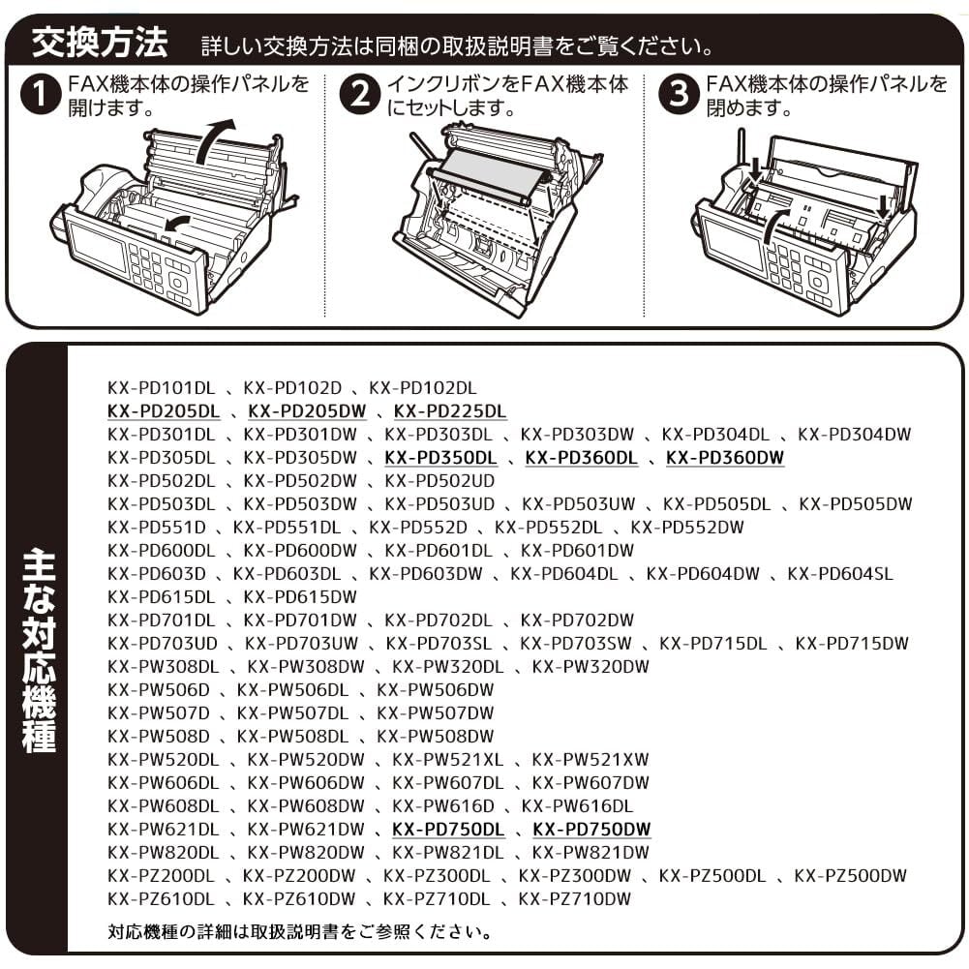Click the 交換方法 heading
pyautogui.click(x=100, y=44)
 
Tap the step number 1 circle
pyautogui.click(x=41, y=96)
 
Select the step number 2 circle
pyautogui.click(x=361, y=96)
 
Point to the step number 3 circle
pyautogui.click(x=680, y=96)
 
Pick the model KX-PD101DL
pyautogui.click(x=162, y=388)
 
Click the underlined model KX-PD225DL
pyautogui.click(x=450, y=411)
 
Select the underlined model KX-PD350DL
pyautogui.click(x=440, y=458)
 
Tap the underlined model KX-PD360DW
pyautogui.click(x=725, y=458)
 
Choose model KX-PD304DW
pyautogui.click(x=856, y=435)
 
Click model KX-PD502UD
pyautogui.click(x=440, y=481)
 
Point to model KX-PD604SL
pyautogui.click(x=840, y=574)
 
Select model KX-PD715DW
pyautogui.click(x=853, y=644)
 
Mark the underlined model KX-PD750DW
pyautogui.click(x=592, y=830)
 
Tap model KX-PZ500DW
pyautogui.click(x=851, y=876)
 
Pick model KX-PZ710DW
pyautogui.click(x=575, y=899)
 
